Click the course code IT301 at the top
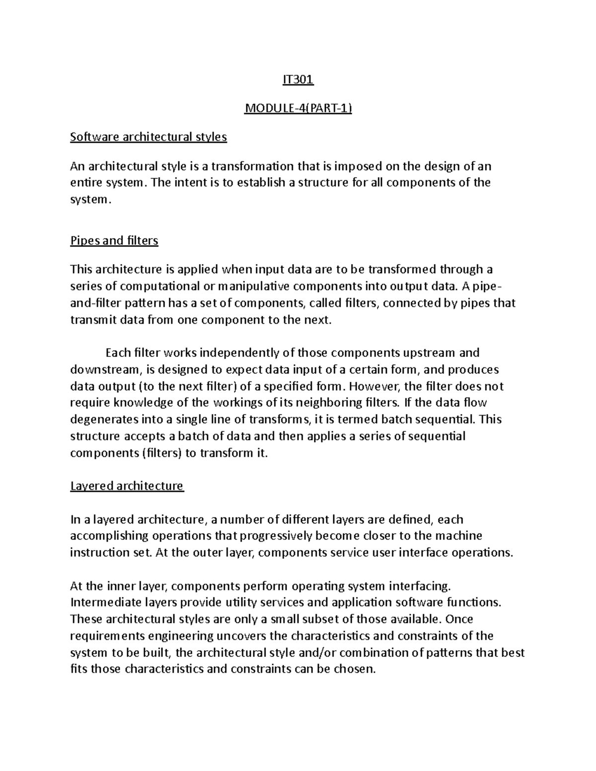[298, 79]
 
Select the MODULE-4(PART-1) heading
[298, 108]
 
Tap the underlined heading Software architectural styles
[149, 137]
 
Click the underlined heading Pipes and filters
[114, 241]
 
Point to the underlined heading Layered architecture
[127, 486]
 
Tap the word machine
[458, 536]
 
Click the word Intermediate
[103, 603]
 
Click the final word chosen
[356, 669]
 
